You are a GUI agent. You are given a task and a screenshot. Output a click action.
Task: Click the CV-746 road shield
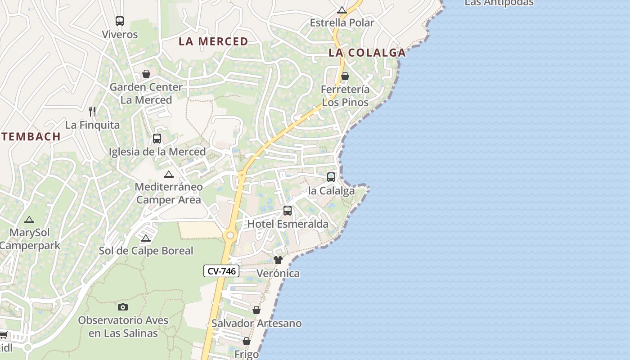(221, 271)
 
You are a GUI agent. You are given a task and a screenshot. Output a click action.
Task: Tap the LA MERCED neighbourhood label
(213, 41)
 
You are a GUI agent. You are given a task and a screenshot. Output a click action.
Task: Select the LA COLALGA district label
(367, 53)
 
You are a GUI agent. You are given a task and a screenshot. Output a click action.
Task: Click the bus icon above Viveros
(120, 21)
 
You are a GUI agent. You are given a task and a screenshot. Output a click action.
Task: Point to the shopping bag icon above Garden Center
(146, 74)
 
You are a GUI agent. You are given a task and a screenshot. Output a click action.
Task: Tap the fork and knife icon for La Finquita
(92, 111)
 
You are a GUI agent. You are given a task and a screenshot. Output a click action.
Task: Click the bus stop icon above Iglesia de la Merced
(157, 139)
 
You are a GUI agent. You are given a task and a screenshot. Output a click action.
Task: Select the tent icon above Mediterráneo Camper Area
(169, 174)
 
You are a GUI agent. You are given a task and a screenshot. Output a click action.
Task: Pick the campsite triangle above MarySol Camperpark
(29, 220)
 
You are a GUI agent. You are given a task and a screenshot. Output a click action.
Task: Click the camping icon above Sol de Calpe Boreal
(145, 238)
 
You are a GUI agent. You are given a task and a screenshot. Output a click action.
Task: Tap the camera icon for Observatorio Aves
(122, 307)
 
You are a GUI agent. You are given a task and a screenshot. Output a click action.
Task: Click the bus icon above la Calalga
(331, 177)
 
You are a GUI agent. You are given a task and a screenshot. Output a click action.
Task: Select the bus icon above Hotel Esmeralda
(288, 211)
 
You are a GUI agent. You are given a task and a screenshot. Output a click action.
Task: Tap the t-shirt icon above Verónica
(278, 260)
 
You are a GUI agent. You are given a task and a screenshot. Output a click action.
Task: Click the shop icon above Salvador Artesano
(256, 310)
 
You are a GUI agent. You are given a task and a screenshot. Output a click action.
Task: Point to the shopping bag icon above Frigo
(247, 342)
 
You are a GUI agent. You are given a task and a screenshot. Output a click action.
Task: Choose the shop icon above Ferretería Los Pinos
(345, 76)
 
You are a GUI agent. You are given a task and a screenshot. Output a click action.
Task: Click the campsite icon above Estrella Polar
(342, 10)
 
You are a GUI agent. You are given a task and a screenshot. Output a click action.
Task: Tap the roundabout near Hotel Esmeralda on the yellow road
(230, 235)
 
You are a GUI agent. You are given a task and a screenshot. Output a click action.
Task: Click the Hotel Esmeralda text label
(288, 224)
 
